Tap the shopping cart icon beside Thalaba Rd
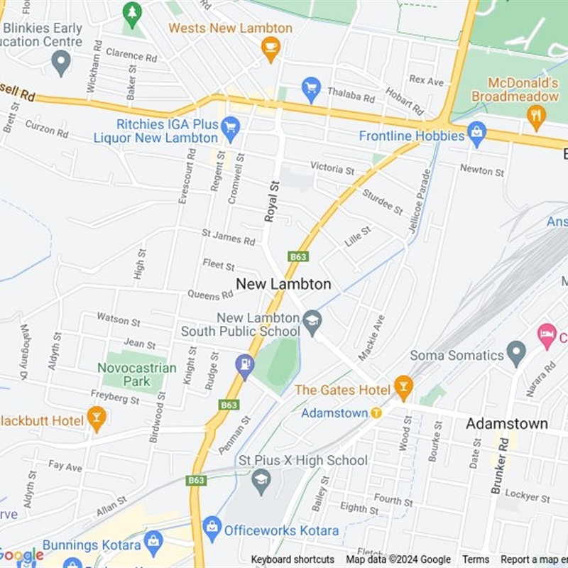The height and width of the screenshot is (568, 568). (x=310, y=89)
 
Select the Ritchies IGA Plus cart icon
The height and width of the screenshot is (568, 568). (x=230, y=129)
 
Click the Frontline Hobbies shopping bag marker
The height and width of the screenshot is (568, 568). (x=476, y=132)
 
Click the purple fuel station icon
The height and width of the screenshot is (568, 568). (x=245, y=366)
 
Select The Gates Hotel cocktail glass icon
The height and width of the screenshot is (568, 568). (x=403, y=388)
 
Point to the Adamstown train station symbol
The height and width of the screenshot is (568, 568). (x=376, y=413)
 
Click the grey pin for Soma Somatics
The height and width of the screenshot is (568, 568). (x=516, y=353)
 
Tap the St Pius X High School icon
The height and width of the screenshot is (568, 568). (x=261, y=481)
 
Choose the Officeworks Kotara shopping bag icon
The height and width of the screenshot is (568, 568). (x=212, y=528)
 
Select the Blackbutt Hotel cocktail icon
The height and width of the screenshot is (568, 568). (x=97, y=418)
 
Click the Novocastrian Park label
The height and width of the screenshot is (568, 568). (x=136, y=374)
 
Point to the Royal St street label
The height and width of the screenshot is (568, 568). (x=272, y=201)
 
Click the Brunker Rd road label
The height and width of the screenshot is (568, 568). (x=500, y=466)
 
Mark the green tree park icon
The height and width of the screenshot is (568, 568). (x=131, y=13)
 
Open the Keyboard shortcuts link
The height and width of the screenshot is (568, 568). (x=293, y=559)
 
